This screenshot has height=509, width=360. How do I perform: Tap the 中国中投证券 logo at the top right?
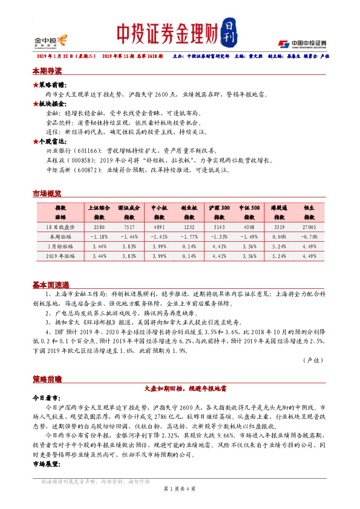click(x=303, y=44)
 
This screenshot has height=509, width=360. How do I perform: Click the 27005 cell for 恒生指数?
click(x=310, y=227)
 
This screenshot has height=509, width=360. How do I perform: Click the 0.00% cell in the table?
click(x=278, y=236)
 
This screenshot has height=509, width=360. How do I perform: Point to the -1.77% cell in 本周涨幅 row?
click(x=188, y=236)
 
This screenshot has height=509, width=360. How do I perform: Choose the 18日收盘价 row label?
click(x=61, y=227)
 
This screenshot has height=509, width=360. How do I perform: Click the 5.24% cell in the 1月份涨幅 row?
click(x=278, y=246)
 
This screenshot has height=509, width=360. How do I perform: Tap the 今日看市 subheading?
click(x=46, y=399)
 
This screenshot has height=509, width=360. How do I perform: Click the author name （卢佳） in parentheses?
click(x=313, y=359)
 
